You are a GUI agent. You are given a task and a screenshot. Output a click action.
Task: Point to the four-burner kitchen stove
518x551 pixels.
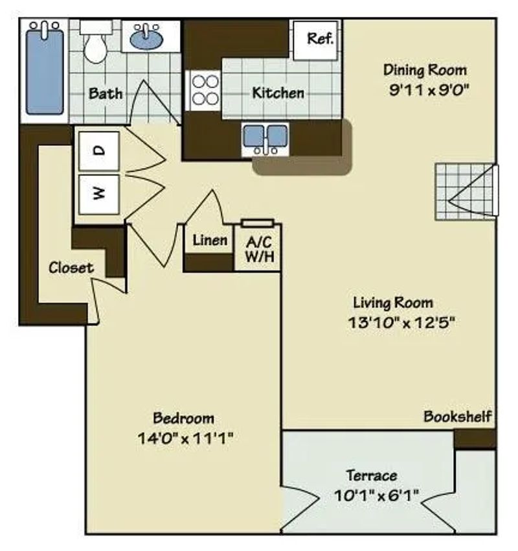[x=205, y=90]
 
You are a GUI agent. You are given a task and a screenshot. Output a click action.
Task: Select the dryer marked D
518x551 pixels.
[x=99, y=150]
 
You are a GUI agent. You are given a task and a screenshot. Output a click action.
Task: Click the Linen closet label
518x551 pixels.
[x=210, y=240]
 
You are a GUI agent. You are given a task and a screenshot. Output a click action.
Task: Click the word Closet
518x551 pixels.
[x=71, y=267]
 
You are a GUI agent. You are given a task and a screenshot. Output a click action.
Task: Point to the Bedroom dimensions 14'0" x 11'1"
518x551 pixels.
[x=184, y=438]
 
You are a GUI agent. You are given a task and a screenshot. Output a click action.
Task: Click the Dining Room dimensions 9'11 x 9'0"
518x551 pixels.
[x=425, y=90]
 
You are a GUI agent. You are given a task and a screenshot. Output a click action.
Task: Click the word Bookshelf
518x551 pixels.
[x=457, y=416]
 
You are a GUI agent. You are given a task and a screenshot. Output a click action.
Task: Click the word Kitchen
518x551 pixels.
[x=278, y=93]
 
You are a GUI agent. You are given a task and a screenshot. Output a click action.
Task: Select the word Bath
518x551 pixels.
[x=106, y=93]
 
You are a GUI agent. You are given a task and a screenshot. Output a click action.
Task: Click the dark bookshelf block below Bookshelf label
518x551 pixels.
[x=474, y=438]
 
